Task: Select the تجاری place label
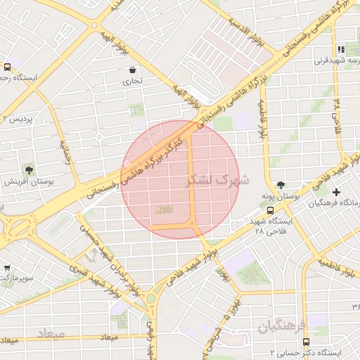[133, 82]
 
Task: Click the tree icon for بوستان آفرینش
[28, 169]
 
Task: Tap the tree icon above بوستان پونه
[281, 184]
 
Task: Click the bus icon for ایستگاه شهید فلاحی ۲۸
[271, 210]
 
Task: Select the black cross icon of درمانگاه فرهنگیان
[336, 192]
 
